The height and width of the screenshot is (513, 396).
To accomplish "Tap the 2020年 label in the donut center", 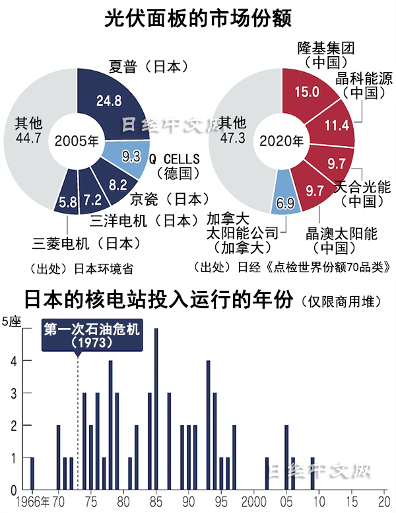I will [282, 141].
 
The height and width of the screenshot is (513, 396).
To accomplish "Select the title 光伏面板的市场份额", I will [198, 19].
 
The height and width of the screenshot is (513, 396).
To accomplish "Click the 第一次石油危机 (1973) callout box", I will [92, 336].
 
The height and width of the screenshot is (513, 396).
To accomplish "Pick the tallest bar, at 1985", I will [156, 409].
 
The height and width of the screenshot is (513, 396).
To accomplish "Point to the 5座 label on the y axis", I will [12, 322].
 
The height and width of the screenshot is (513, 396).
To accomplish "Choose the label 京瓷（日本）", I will [169, 198].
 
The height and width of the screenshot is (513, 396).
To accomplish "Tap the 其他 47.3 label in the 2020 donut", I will [233, 130].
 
